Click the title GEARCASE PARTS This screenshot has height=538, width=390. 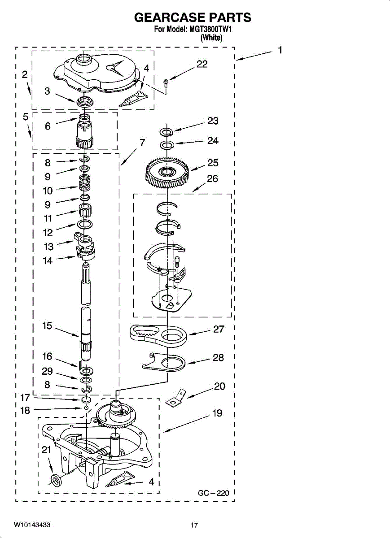pyautogui.click(x=193, y=17)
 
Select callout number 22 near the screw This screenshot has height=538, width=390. pyautogui.click(x=202, y=64)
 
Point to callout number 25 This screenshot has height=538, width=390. pyautogui.click(x=213, y=163)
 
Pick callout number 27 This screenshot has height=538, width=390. pyautogui.click(x=219, y=329)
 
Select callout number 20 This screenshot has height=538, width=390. pyautogui.click(x=219, y=386)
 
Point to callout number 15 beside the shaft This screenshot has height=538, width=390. pyautogui.click(x=48, y=326)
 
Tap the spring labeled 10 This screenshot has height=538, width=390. pyautogui.click(x=84, y=183)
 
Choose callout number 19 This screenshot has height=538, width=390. pyautogui.click(x=217, y=413)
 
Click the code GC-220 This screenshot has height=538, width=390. pyautogui.click(x=214, y=493)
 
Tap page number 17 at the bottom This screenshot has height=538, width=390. pyautogui.click(x=194, y=525)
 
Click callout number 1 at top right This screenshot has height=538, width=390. pyautogui.click(x=280, y=51)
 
